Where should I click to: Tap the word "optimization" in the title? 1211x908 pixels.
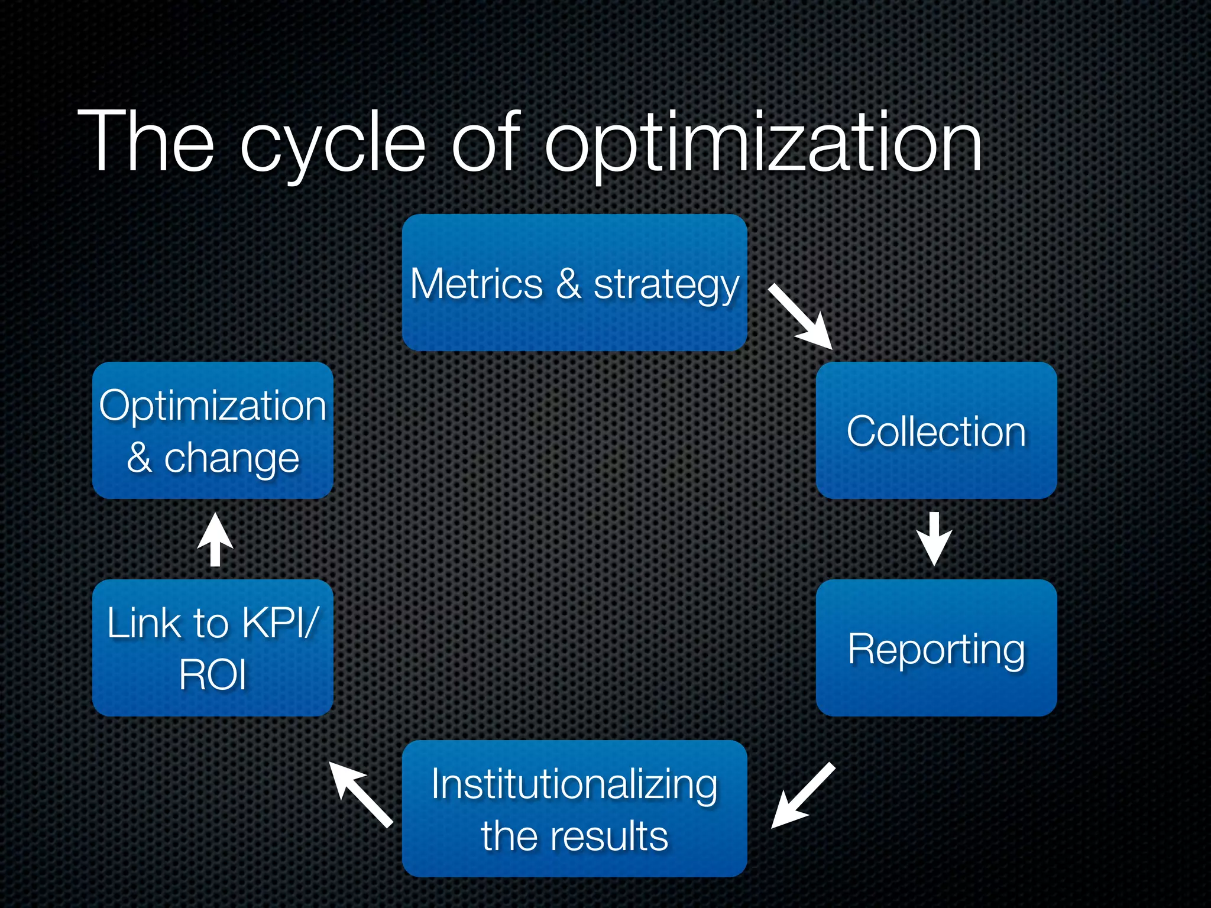tap(763, 145)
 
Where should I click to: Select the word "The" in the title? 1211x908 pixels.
tap(145, 142)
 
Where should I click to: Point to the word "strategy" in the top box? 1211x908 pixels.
tap(666, 287)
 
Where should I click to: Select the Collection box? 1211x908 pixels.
tap(936, 430)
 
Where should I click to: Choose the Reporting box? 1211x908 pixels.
tap(936, 648)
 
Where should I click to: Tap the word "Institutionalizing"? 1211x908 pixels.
tap(574, 784)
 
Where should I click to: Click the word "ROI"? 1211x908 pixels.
tap(212, 675)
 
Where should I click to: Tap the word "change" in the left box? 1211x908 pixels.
tap(231, 459)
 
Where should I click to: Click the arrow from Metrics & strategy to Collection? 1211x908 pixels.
tap(801, 317)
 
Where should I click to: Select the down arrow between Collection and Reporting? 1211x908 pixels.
tap(934, 539)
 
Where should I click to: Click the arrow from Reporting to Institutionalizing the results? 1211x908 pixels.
tap(803, 796)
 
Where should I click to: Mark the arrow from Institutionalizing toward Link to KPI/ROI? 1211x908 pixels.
tap(361, 793)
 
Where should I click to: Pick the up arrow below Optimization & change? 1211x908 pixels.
tap(215, 539)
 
